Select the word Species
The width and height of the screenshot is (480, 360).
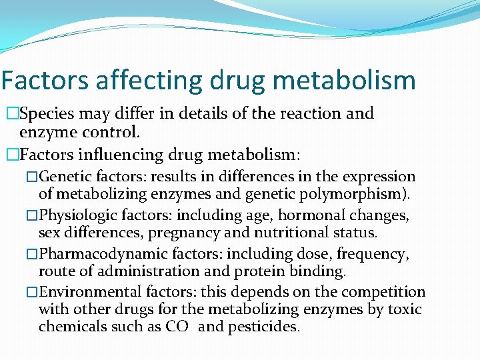click(x=46, y=113)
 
